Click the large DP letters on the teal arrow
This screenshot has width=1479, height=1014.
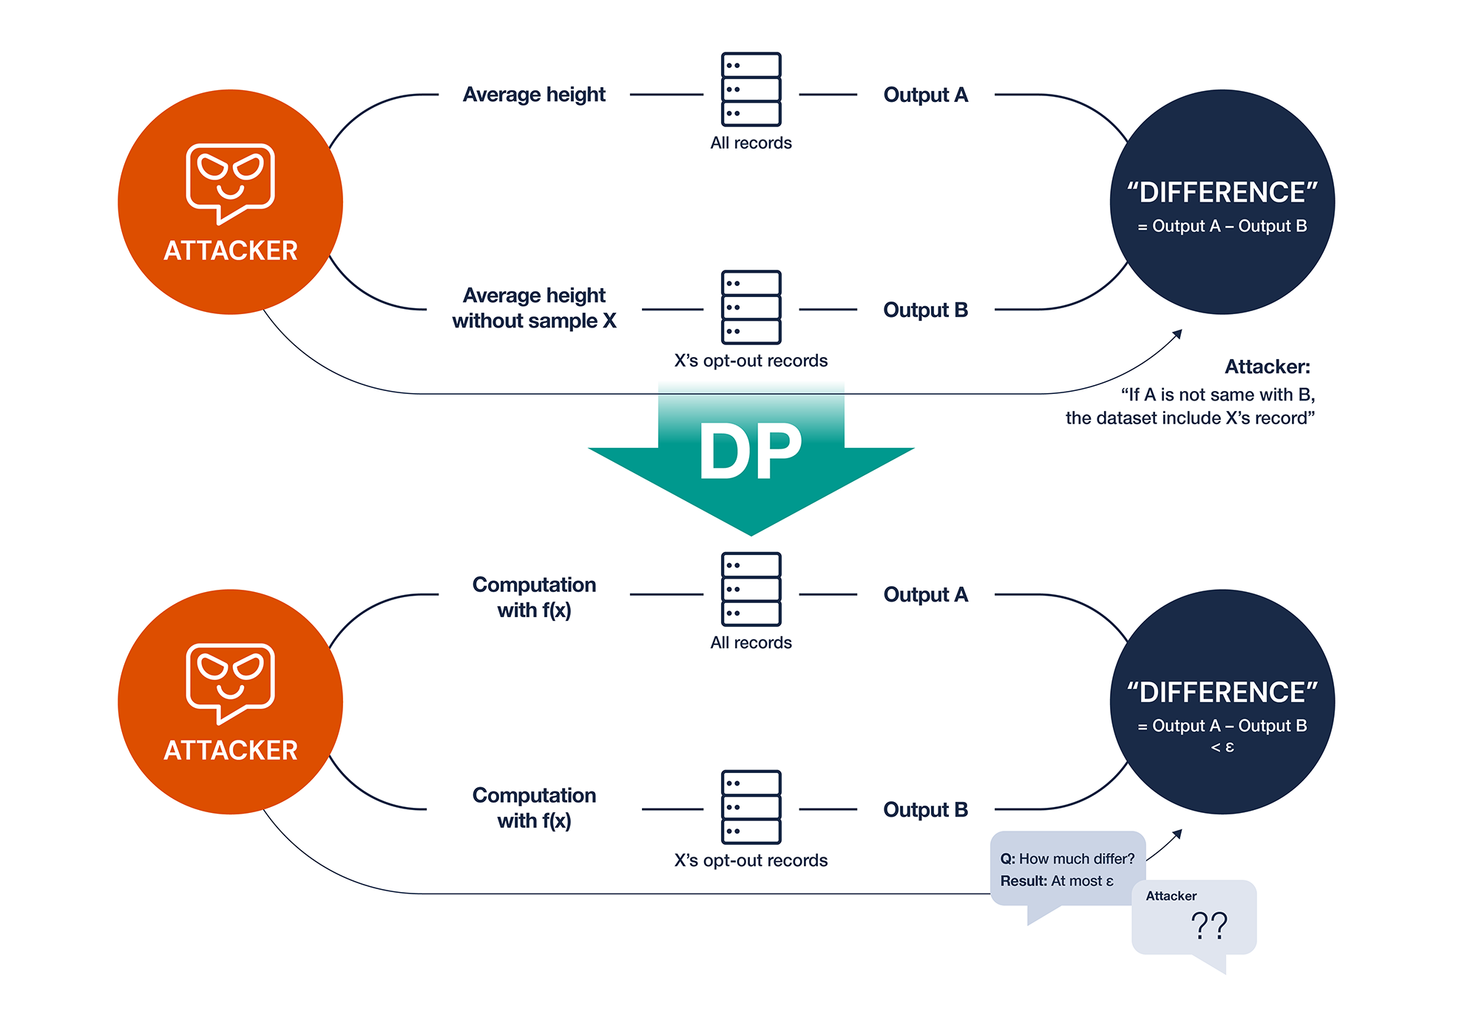[750, 451]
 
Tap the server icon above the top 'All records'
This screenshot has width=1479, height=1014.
[751, 89]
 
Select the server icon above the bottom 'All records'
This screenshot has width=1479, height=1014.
[751, 589]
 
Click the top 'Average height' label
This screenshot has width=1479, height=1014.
[534, 95]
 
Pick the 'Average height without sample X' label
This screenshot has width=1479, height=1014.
[534, 308]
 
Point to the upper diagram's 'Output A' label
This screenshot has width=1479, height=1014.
[925, 95]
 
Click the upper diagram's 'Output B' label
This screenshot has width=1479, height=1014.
[925, 310]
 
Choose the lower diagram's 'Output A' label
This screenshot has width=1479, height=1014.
[925, 594]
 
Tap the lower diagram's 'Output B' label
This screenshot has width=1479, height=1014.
[925, 809]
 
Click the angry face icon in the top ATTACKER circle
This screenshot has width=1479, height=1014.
[230, 182]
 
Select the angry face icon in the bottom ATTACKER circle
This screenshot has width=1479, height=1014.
[230, 681]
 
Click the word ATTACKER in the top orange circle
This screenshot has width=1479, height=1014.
[230, 251]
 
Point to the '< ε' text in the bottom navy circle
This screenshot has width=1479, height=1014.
[1222, 747]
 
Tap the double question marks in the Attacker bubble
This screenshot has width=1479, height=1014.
[1209, 925]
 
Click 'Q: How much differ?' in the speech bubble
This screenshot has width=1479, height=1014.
[1067, 859]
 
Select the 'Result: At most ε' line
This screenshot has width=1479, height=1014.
[1057, 881]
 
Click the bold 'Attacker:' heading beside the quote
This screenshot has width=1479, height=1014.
[1267, 367]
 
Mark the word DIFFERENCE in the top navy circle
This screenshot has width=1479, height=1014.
[1222, 193]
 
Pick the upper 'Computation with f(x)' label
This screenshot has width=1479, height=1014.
[534, 597]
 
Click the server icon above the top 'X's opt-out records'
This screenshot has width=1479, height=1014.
[751, 307]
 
